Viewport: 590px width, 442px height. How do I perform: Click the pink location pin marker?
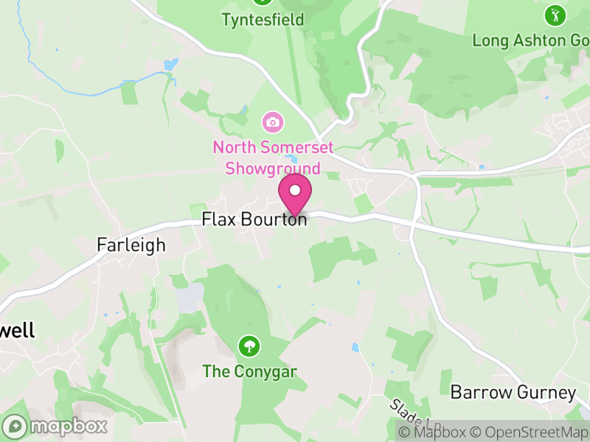coord(295,193)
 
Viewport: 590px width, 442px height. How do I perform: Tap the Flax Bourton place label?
coord(254,220)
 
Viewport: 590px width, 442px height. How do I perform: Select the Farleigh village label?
coord(131,245)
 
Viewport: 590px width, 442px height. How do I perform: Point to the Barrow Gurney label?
coord(513,393)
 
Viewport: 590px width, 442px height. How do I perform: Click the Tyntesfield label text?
coord(263,20)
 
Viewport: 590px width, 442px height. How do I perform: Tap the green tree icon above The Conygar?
coord(249,345)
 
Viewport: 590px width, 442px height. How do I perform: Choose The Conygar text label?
coord(249,371)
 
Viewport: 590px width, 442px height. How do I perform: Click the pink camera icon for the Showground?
coord(272,121)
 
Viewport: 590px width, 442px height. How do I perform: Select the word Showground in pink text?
coord(272,169)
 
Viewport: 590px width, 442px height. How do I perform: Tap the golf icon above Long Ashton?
coord(555,14)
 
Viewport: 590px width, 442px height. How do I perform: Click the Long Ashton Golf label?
coord(530,40)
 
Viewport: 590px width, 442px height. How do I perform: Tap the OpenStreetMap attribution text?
coord(528,432)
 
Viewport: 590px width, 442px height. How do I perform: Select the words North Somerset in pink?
coord(273,147)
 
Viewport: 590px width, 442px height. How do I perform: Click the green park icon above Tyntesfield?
coord(262,2)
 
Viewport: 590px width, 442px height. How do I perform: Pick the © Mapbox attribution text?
coord(434,432)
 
